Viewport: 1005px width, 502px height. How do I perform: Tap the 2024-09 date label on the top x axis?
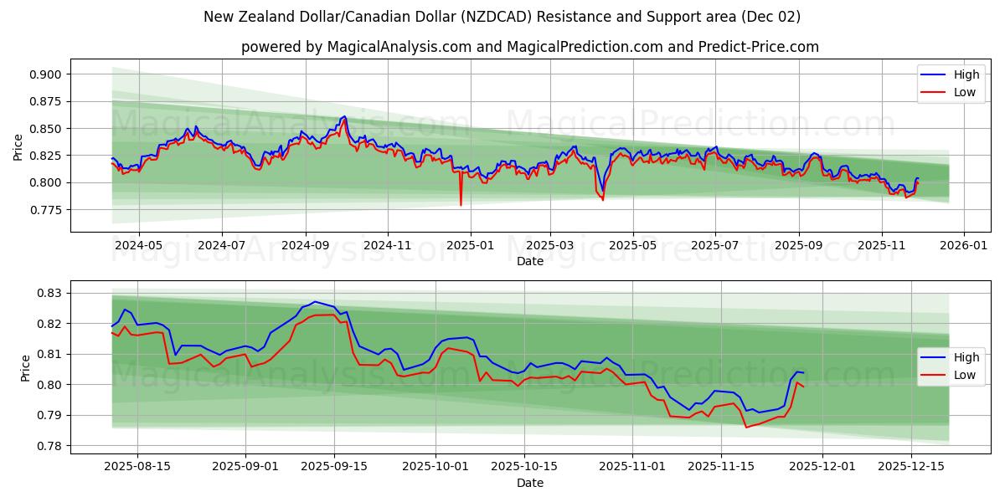(305, 246)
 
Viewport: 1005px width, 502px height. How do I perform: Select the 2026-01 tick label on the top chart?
(964, 246)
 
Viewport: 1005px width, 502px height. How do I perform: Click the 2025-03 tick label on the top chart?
(550, 246)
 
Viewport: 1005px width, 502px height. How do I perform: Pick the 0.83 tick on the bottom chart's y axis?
(50, 293)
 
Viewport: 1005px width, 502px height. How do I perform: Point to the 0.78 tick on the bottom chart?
(50, 446)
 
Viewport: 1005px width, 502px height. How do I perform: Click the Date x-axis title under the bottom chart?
(529, 483)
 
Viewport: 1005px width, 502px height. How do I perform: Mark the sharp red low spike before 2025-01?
(461, 204)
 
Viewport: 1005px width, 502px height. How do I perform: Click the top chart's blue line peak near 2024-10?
(344, 116)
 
